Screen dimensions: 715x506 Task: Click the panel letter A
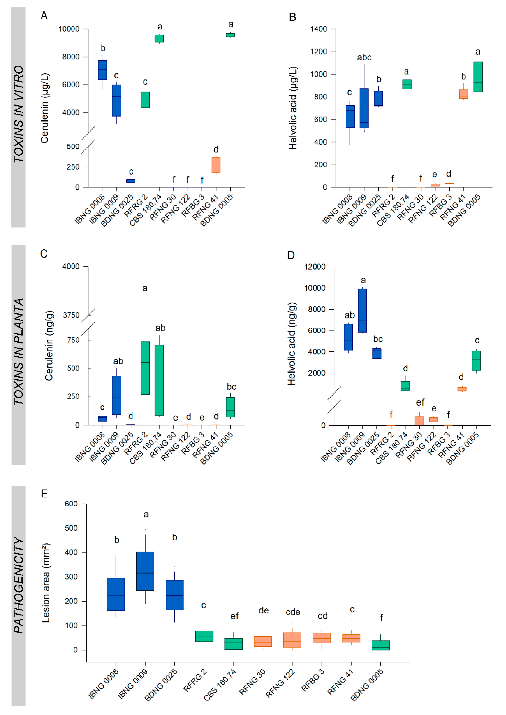point(44,16)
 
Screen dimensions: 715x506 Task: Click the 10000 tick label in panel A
point(69,29)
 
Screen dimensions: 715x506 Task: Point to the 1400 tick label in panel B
point(318,29)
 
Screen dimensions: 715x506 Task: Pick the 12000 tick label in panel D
point(315,267)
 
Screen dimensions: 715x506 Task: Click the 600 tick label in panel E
point(71,504)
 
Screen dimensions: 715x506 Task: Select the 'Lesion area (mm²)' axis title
point(46,583)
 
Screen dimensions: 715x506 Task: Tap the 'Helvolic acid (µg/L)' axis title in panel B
point(293,108)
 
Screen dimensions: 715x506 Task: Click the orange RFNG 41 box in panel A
point(216,165)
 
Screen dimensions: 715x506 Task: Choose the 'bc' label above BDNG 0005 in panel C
point(231,387)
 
